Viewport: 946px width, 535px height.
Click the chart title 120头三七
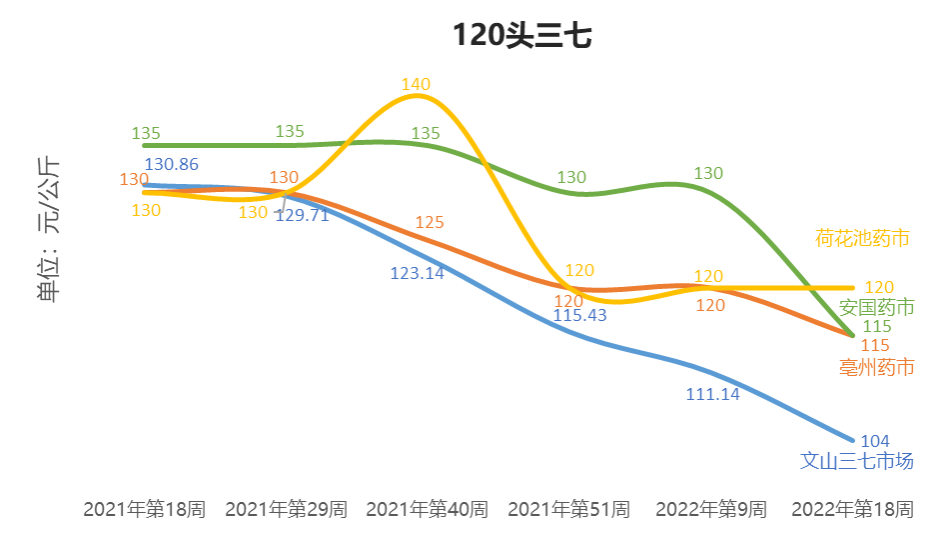[522, 36]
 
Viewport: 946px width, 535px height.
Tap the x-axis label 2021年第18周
[144, 509]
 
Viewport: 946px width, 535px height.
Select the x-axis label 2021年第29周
[286, 509]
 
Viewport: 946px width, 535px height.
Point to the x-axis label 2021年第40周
[428, 509]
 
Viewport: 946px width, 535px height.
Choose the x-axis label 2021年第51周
[568, 509]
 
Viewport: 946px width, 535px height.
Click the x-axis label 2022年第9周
[710, 509]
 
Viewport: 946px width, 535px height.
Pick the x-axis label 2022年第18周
[852, 509]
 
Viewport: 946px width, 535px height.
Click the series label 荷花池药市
[862, 238]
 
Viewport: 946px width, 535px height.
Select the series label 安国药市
[877, 306]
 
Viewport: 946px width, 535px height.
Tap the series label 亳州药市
[877, 367]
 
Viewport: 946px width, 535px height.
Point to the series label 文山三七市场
[857, 461]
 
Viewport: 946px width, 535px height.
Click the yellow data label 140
[416, 84]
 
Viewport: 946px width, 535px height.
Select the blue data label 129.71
[302, 214]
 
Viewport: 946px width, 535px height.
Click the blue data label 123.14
[418, 272]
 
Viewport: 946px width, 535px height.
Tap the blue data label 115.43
[579, 315]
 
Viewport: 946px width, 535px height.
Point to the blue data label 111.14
[712, 394]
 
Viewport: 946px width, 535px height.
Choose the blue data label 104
[874, 441]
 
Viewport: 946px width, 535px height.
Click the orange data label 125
[430, 222]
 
